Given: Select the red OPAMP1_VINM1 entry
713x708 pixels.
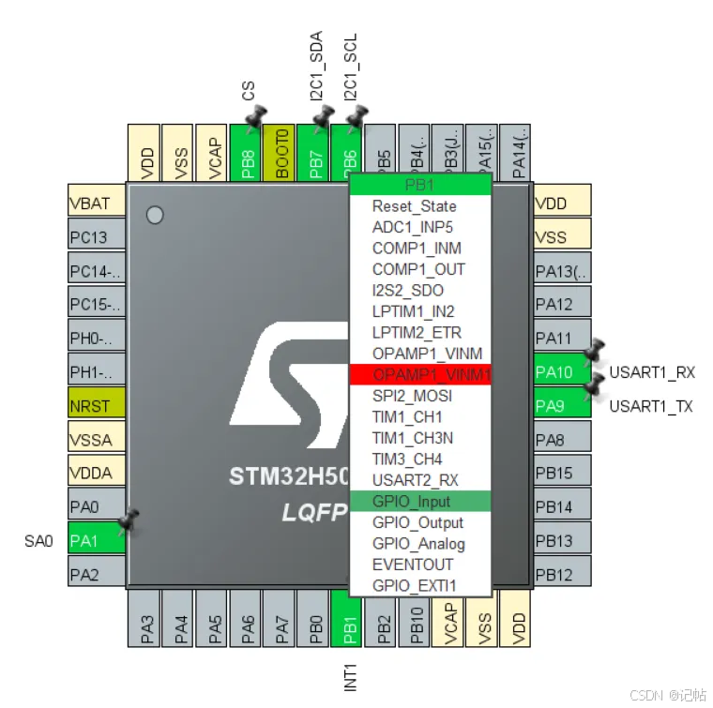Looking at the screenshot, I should pyautogui.click(x=419, y=374).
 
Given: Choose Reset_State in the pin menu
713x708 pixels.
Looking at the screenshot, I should pyautogui.click(x=414, y=206).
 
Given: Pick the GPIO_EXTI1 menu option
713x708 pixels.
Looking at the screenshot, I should pyautogui.click(x=414, y=586).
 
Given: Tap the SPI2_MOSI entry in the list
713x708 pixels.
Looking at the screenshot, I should pyautogui.click(x=412, y=396).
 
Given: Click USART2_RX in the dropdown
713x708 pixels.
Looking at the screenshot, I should pyautogui.click(x=416, y=480).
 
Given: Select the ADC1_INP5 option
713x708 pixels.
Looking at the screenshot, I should pyautogui.click(x=413, y=227).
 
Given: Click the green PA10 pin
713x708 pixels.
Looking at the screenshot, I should pyautogui.click(x=561, y=372).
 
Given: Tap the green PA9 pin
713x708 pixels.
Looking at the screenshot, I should pyautogui.click(x=561, y=406).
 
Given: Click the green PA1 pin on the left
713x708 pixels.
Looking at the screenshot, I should pyautogui.click(x=96, y=540).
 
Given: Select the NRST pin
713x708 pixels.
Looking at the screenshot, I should pyautogui.click(x=96, y=406).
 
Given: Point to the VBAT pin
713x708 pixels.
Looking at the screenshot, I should pyautogui.click(x=96, y=203).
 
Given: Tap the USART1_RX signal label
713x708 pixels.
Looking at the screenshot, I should pyautogui.click(x=652, y=372).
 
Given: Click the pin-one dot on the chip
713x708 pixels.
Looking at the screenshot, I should pyautogui.click(x=156, y=215).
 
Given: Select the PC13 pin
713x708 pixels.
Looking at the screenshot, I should pyautogui.click(x=96, y=236).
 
